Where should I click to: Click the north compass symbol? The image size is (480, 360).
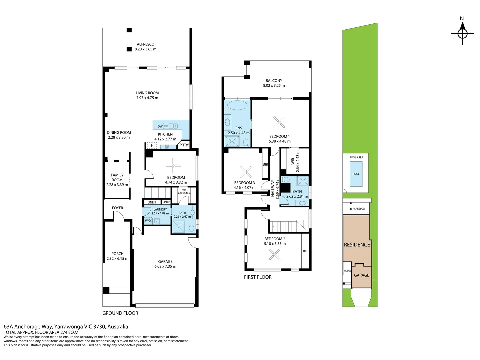(x=462, y=33)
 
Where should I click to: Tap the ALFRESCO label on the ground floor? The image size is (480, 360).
(x=145, y=44)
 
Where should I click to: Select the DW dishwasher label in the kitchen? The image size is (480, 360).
(x=160, y=126)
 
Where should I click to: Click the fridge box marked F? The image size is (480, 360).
(x=152, y=145)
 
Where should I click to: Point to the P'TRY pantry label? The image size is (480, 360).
(x=184, y=145)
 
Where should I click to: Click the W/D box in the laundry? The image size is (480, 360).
(x=148, y=221)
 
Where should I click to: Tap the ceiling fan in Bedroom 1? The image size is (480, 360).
(x=279, y=122)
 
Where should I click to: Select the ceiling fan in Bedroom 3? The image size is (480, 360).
(x=245, y=172)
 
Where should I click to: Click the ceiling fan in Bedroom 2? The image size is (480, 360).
(x=274, y=255)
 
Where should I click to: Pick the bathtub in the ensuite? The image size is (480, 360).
(x=237, y=105)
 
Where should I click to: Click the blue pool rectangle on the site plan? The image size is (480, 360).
(x=356, y=174)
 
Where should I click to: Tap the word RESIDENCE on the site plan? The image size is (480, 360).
(x=357, y=245)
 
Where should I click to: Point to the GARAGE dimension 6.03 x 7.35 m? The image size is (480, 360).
(x=165, y=266)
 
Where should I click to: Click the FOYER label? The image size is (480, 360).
(x=117, y=208)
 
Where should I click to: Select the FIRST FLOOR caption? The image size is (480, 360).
(x=258, y=277)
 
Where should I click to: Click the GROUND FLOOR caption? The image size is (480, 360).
(x=120, y=313)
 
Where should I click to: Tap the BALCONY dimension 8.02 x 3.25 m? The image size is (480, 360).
(x=274, y=85)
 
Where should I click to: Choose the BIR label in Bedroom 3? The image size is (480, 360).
(x=265, y=164)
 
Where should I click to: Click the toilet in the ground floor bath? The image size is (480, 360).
(x=191, y=229)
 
